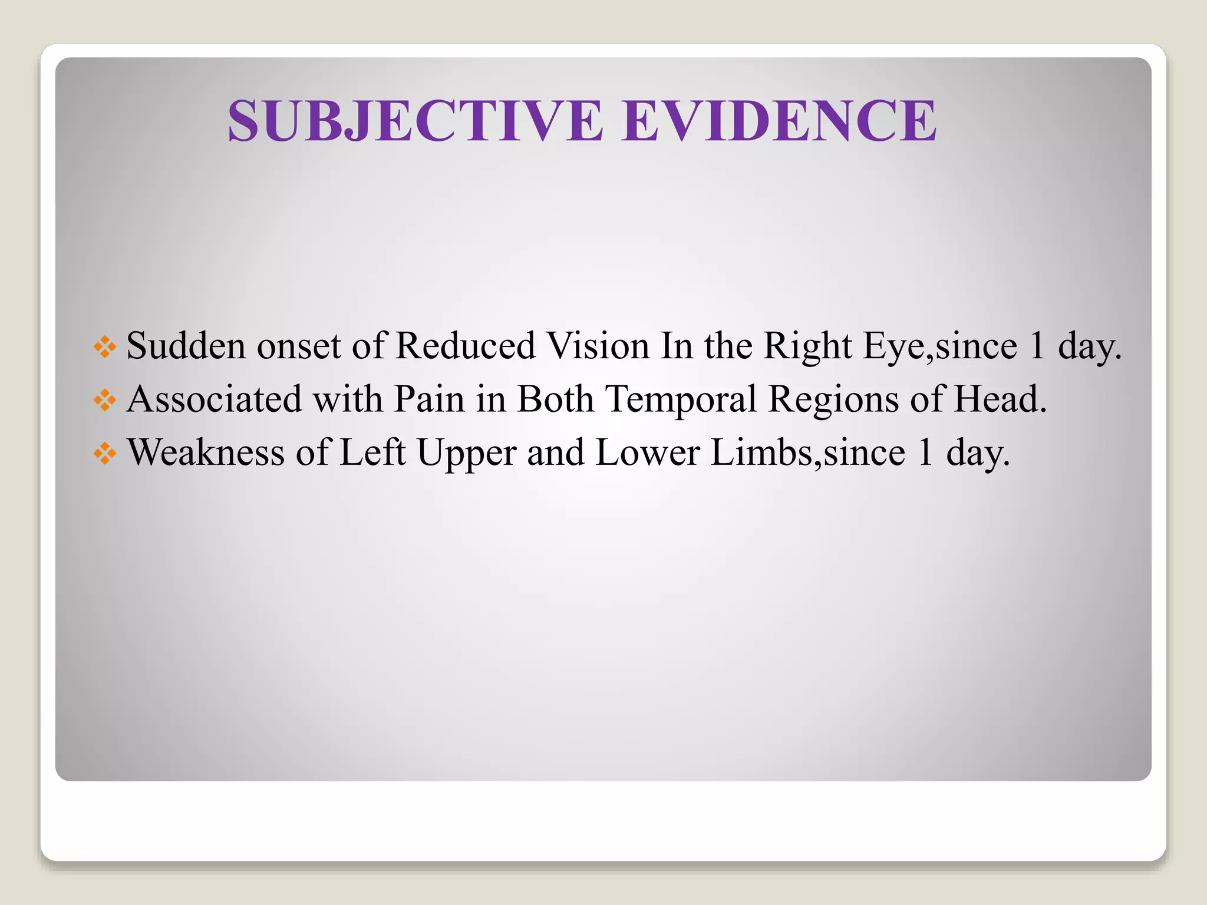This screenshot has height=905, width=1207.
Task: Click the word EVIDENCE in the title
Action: tap(779, 121)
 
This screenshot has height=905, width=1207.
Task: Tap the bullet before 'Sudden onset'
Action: tap(105, 347)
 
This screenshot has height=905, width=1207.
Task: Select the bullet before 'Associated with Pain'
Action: tap(105, 401)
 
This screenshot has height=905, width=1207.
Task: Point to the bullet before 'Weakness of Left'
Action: tap(105, 454)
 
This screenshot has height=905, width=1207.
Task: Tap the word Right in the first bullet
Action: tap(807, 346)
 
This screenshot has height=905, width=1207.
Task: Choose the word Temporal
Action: tap(681, 400)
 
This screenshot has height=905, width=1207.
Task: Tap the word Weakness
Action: tap(206, 452)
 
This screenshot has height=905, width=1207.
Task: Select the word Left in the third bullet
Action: tap(372, 452)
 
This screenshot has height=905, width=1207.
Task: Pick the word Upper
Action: tap(467, 454)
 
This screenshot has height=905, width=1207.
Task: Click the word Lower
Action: tap(648, 452)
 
